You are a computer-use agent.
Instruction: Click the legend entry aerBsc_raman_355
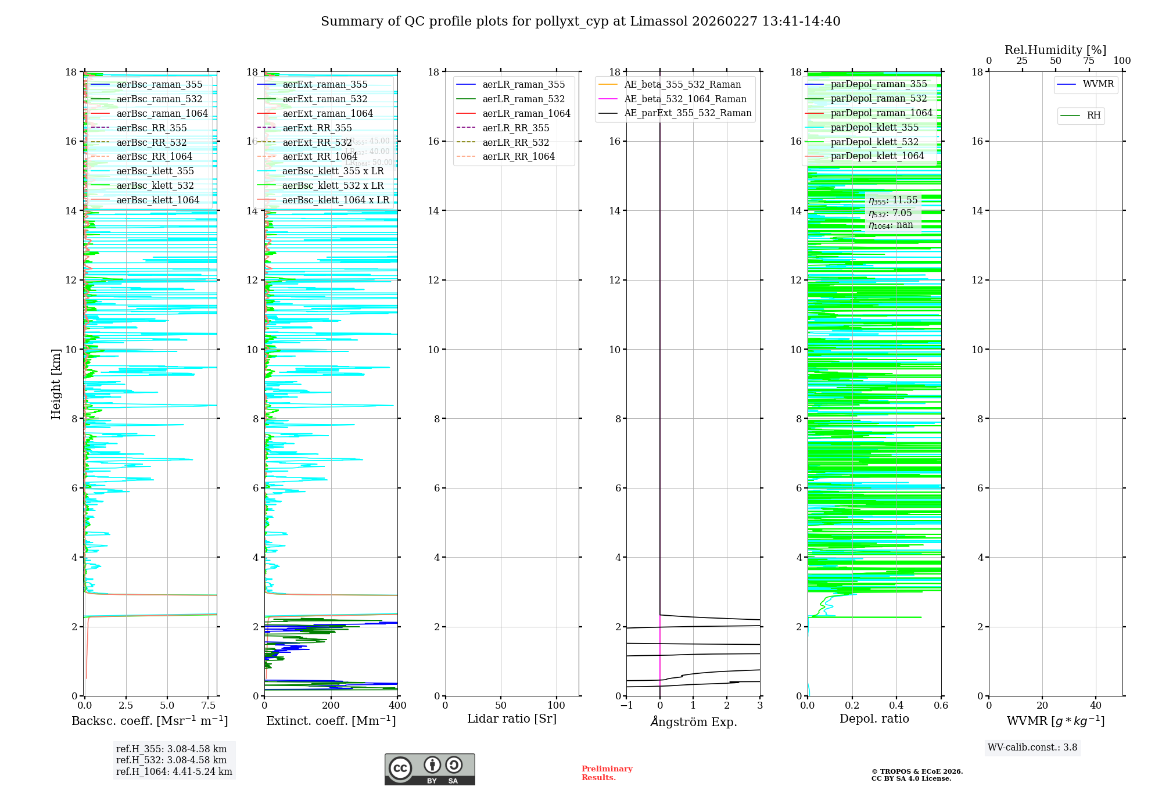click(159, 85)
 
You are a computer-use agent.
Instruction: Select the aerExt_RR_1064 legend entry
click(320, 157)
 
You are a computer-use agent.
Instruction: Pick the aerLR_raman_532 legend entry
click(523, 99)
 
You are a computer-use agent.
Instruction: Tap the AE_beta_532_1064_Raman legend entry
click(685, 99)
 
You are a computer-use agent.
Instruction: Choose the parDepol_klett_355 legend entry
click(874, 128)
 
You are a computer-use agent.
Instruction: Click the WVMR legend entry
click(1098, 84)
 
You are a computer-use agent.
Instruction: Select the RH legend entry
click(1093, 116)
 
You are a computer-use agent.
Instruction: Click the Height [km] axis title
click(56, 384)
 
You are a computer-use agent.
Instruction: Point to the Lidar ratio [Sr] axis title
click(512, 719)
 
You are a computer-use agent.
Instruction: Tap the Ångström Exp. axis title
click(693, 722)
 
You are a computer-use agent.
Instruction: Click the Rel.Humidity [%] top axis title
click(1055, 51)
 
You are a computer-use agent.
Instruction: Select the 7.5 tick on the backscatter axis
click(209, 706)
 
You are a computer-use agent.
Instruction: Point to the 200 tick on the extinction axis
click(331, 706)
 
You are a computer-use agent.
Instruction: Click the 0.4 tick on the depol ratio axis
click(896, 706)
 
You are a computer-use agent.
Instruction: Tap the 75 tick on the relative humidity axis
click(1089, 61)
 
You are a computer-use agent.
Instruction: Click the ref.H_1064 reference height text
click(174, 772)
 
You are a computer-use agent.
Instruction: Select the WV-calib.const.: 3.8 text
click(1032, 748)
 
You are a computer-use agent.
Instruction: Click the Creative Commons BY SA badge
click(429, 770)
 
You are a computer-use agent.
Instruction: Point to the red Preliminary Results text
click(607, 773)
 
